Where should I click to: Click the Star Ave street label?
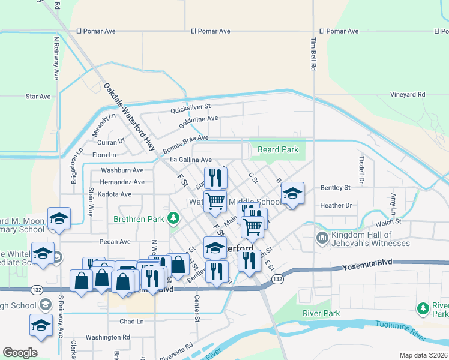tap(38, 96)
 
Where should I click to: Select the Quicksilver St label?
tap(190, 107)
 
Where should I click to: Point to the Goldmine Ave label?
tap(199, 119)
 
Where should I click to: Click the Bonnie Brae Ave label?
tap(185, 137)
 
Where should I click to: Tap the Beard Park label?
tap(277, 149)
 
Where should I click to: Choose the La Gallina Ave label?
tap(191, 160)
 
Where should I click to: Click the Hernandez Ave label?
tap(122, 182)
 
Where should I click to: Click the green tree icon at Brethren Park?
tap(173, 217)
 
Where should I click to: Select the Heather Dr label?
tap(336, 205)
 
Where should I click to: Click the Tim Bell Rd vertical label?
tap(313, 53)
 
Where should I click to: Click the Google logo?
tap(20, 352)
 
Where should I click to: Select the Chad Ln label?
tap(131, 322)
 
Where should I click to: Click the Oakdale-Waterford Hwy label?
tap(130, 118)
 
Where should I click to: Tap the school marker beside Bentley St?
tap(292, 194)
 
